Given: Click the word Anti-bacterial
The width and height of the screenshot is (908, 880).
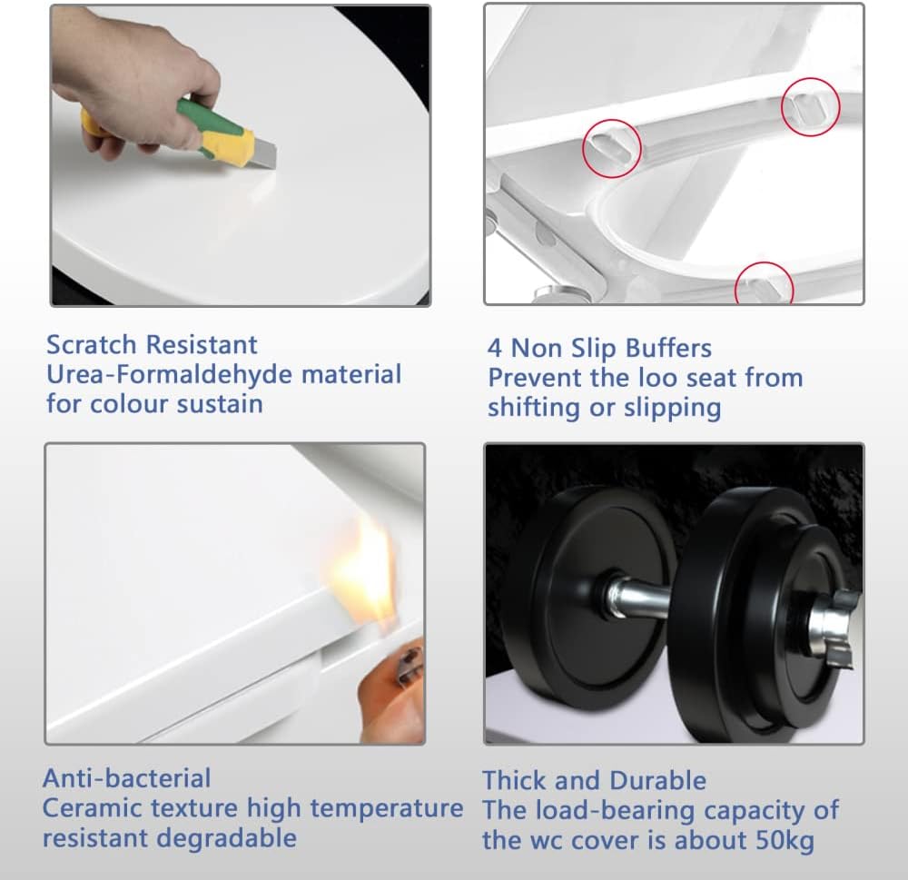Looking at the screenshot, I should pyautogui.click(x=126, y=778).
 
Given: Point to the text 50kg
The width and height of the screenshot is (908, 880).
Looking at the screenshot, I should pyautogui.click(x=783, y=840).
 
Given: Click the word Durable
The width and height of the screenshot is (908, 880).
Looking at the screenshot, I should pyautogui.click(x=657, y=780).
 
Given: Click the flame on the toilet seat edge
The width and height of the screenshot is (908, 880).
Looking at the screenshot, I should pyautogui.click(x=368, y=568).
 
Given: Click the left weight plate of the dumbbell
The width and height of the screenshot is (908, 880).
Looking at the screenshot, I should pyautogui.click(x=581, y=599).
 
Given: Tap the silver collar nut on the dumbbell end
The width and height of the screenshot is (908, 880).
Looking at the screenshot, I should pyautogui.click(x=831, y=627).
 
